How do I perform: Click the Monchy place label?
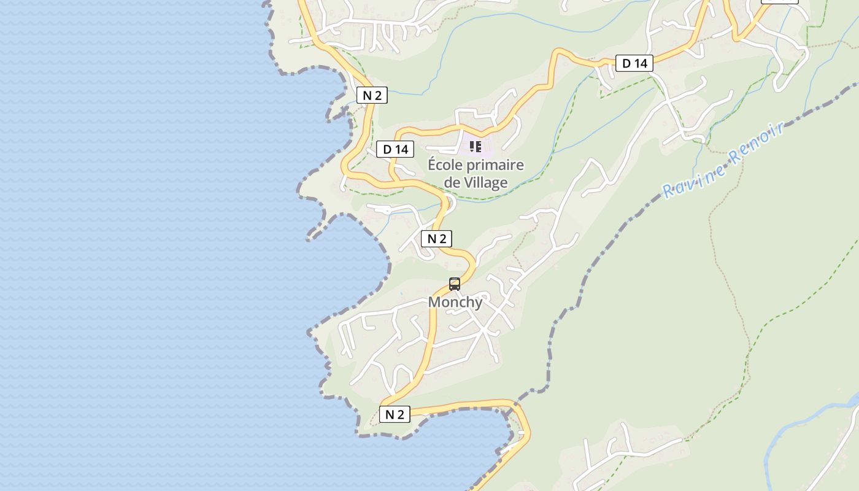click(x=455, y=302)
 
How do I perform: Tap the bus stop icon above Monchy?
click(x=455, y=284)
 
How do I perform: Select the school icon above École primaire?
click(x=476, y=147)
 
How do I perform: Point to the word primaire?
click(x=495, y=165)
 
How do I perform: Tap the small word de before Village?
click(x=452, y=182)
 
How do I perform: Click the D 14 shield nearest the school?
click(x=395, y=149)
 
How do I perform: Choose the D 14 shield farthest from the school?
click(x=634, y=63)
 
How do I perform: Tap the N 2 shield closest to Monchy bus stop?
click(x=437, y=239)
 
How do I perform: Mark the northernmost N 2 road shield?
click(x=372, y=95)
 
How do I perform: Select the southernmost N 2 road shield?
click(x=395, y=414)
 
